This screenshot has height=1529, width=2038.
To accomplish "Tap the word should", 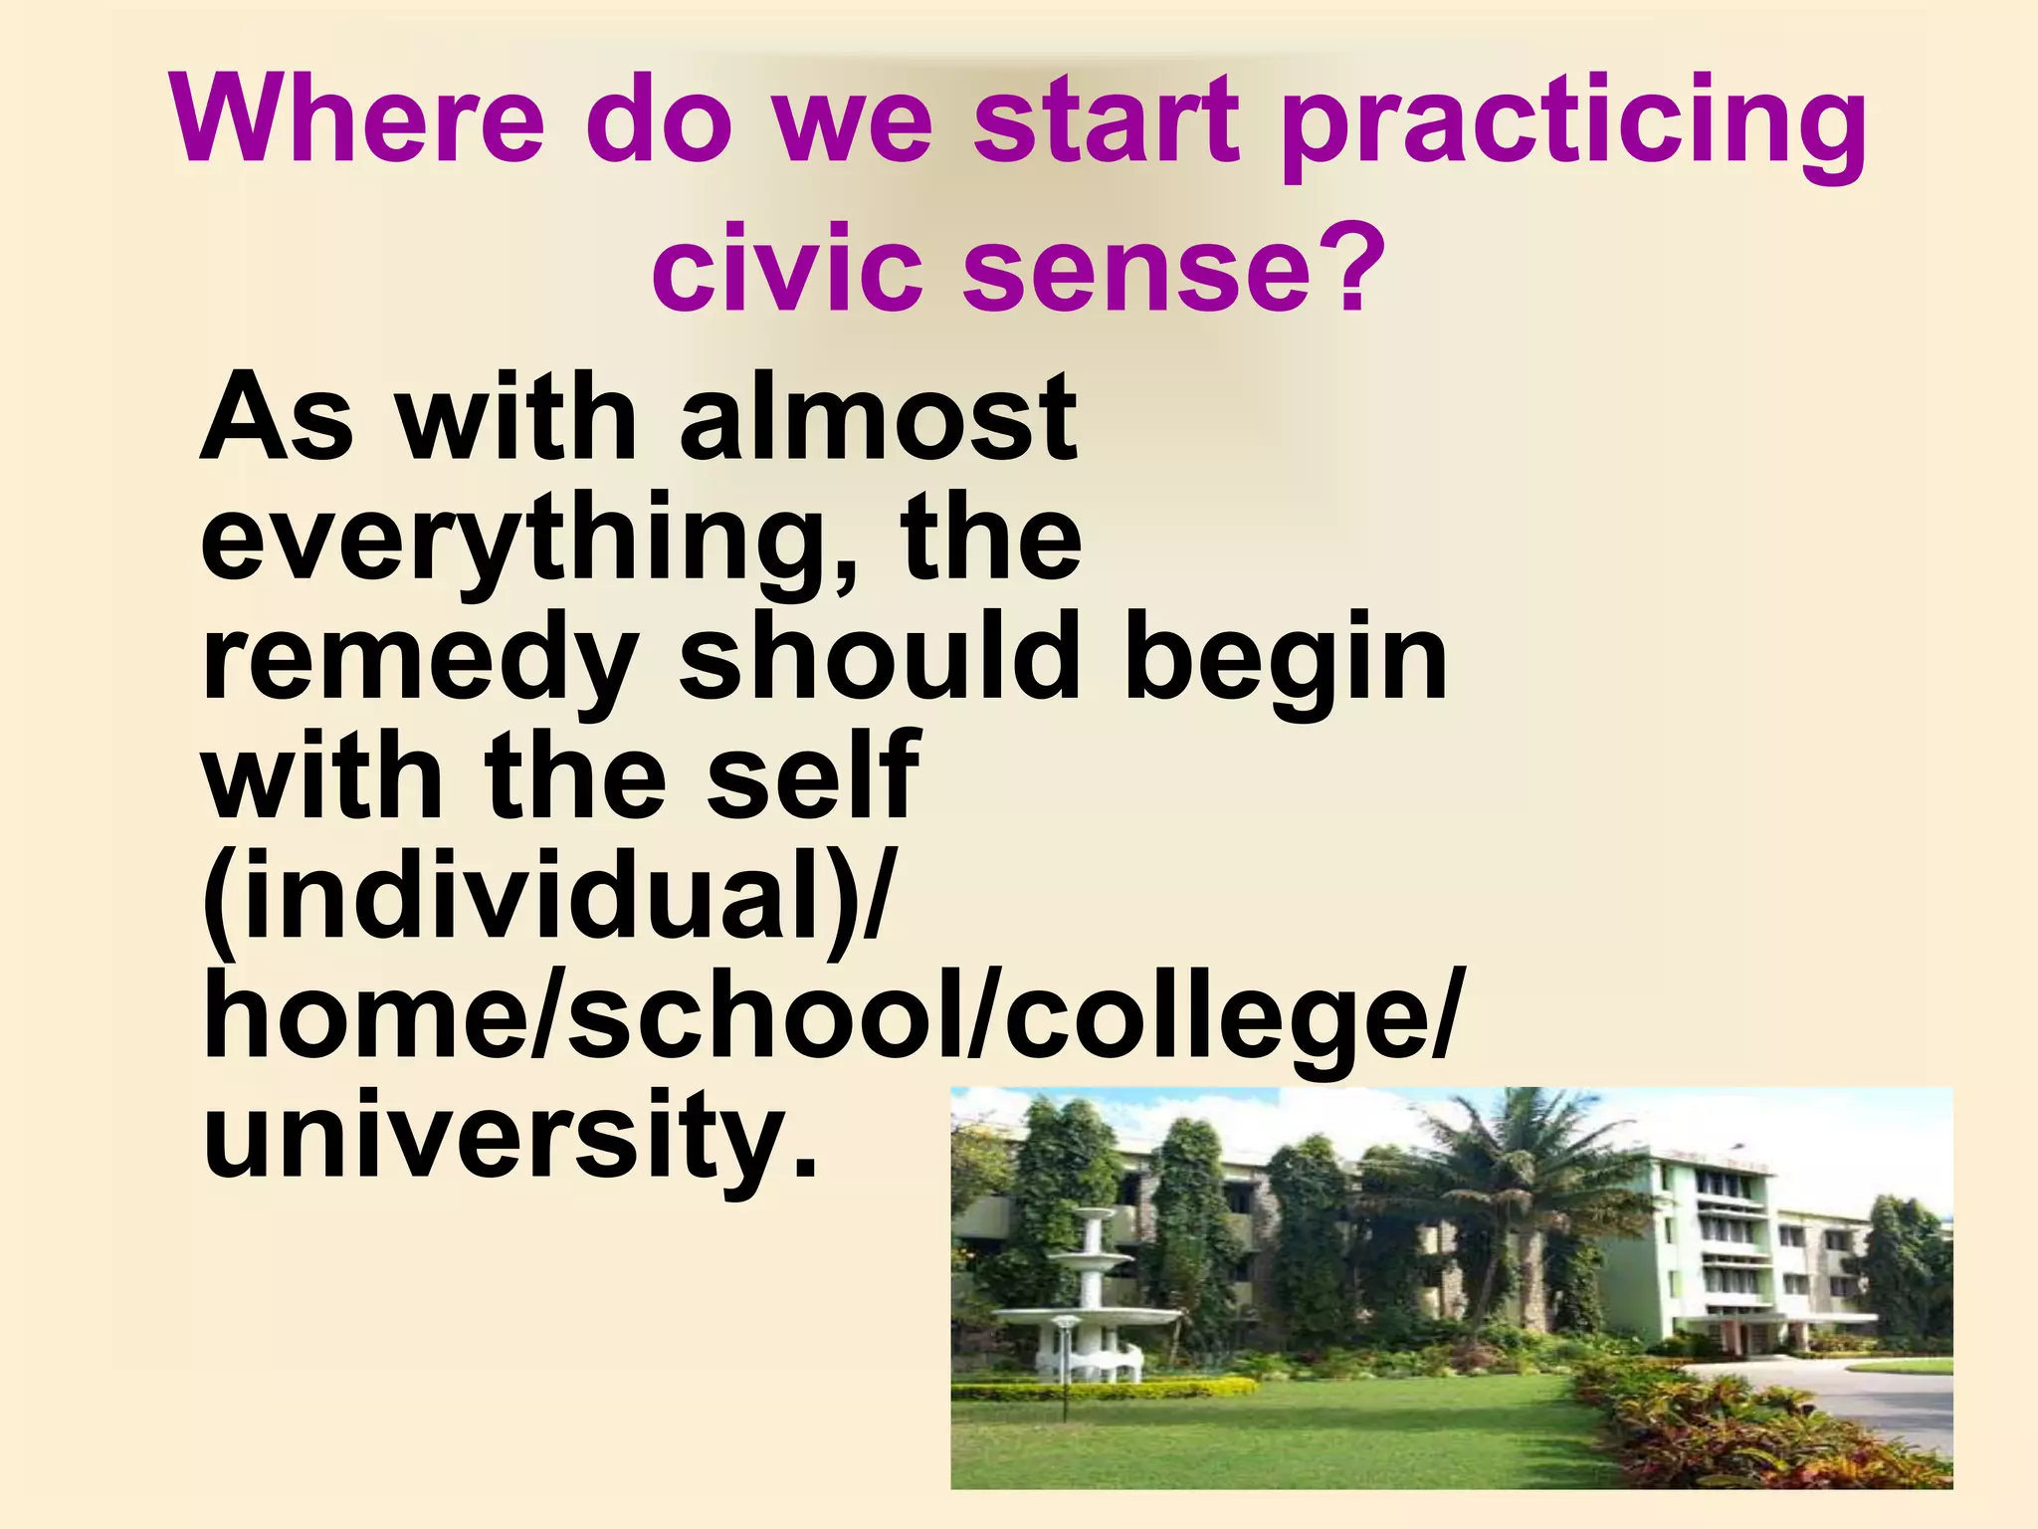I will coord(880,657).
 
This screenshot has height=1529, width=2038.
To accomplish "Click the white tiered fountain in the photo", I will coord(1090,1304).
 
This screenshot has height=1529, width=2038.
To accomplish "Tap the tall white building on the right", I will coord(1712,1244).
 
